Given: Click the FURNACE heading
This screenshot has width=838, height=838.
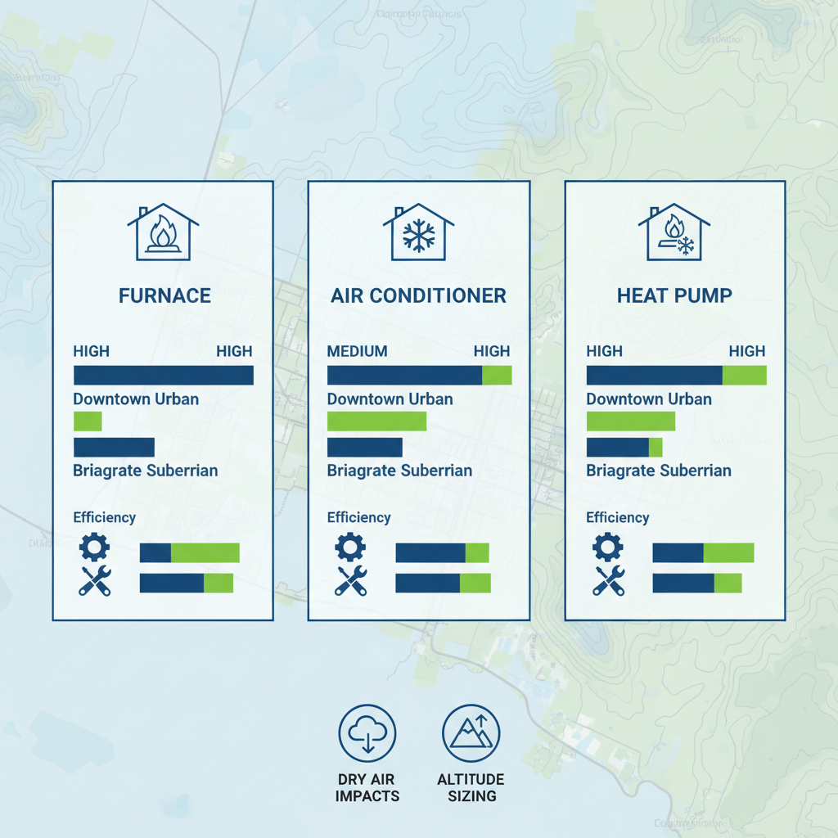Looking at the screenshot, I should (164, 295).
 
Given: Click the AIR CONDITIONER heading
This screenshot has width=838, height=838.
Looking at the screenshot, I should (418, 295).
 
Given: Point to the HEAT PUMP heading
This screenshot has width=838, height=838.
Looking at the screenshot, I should (674, 295).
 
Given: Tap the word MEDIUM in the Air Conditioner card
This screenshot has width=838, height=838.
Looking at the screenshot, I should (357, 351).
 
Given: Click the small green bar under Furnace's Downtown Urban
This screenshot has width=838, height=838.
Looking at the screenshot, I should (88, 421).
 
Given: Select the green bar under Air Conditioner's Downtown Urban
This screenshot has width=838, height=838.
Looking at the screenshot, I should (376, 421).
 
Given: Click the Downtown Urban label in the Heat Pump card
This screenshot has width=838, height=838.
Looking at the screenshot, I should (649, 399).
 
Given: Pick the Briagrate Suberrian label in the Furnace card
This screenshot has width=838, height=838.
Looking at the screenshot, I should (145, 471).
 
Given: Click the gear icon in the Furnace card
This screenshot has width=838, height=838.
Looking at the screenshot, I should (94, 546).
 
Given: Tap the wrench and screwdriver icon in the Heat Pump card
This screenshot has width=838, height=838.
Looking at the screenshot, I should (609, 580).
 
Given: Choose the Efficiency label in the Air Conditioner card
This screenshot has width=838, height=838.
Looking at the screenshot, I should (358, 517).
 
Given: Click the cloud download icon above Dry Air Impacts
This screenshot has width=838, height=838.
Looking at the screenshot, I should (367, 733).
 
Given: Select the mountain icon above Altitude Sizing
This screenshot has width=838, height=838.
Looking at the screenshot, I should (471, 733).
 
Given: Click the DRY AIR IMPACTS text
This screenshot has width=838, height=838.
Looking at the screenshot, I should (367, 787).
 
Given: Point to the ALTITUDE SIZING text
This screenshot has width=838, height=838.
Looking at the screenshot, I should (471, 787).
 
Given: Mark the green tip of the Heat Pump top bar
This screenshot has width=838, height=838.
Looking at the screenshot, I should (744, 376).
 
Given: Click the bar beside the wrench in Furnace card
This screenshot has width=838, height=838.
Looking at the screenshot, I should (187, 583).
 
